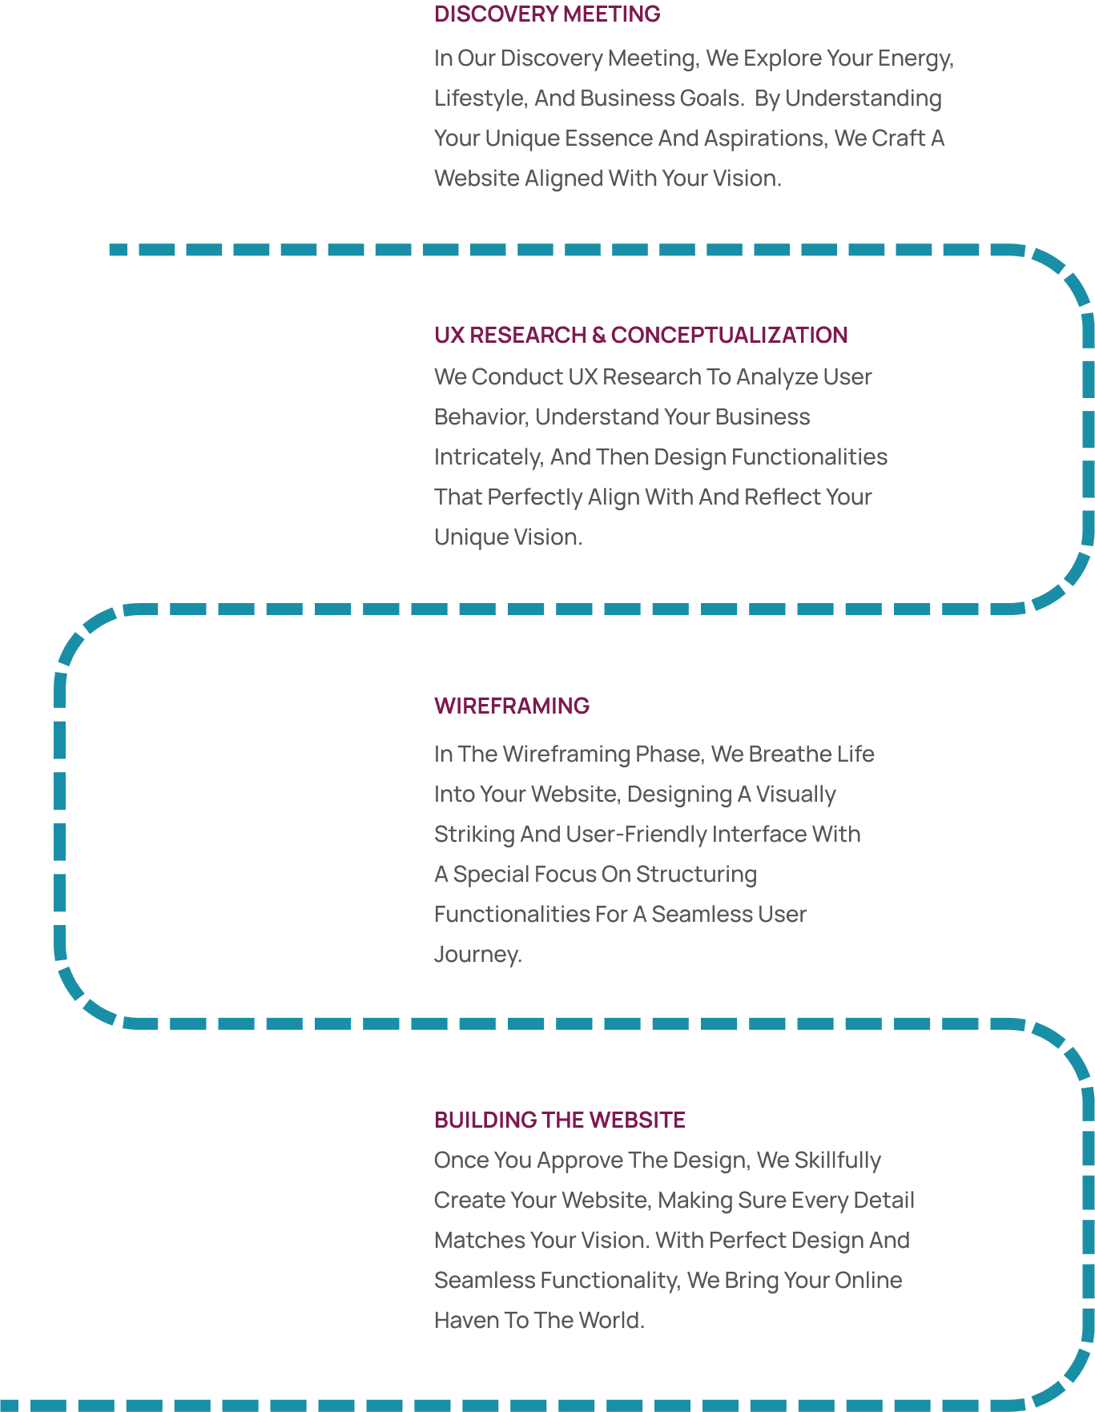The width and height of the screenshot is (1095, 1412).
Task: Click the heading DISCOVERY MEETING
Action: (547, 14)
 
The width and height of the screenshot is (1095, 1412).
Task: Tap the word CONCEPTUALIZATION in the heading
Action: (729, 335)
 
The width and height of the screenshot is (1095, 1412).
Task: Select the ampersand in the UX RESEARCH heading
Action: (598, 335)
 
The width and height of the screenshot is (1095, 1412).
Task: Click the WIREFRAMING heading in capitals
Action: (512, 706)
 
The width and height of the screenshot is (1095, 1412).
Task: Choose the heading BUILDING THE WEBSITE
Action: (559, 1120)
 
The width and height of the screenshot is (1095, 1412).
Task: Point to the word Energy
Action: (915, 58)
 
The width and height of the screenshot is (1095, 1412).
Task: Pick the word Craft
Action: (897, 139)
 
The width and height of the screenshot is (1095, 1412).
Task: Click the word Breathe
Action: (794, 754)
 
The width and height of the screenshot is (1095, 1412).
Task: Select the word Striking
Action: (473, 835)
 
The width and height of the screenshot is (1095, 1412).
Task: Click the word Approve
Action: (580, 1161)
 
